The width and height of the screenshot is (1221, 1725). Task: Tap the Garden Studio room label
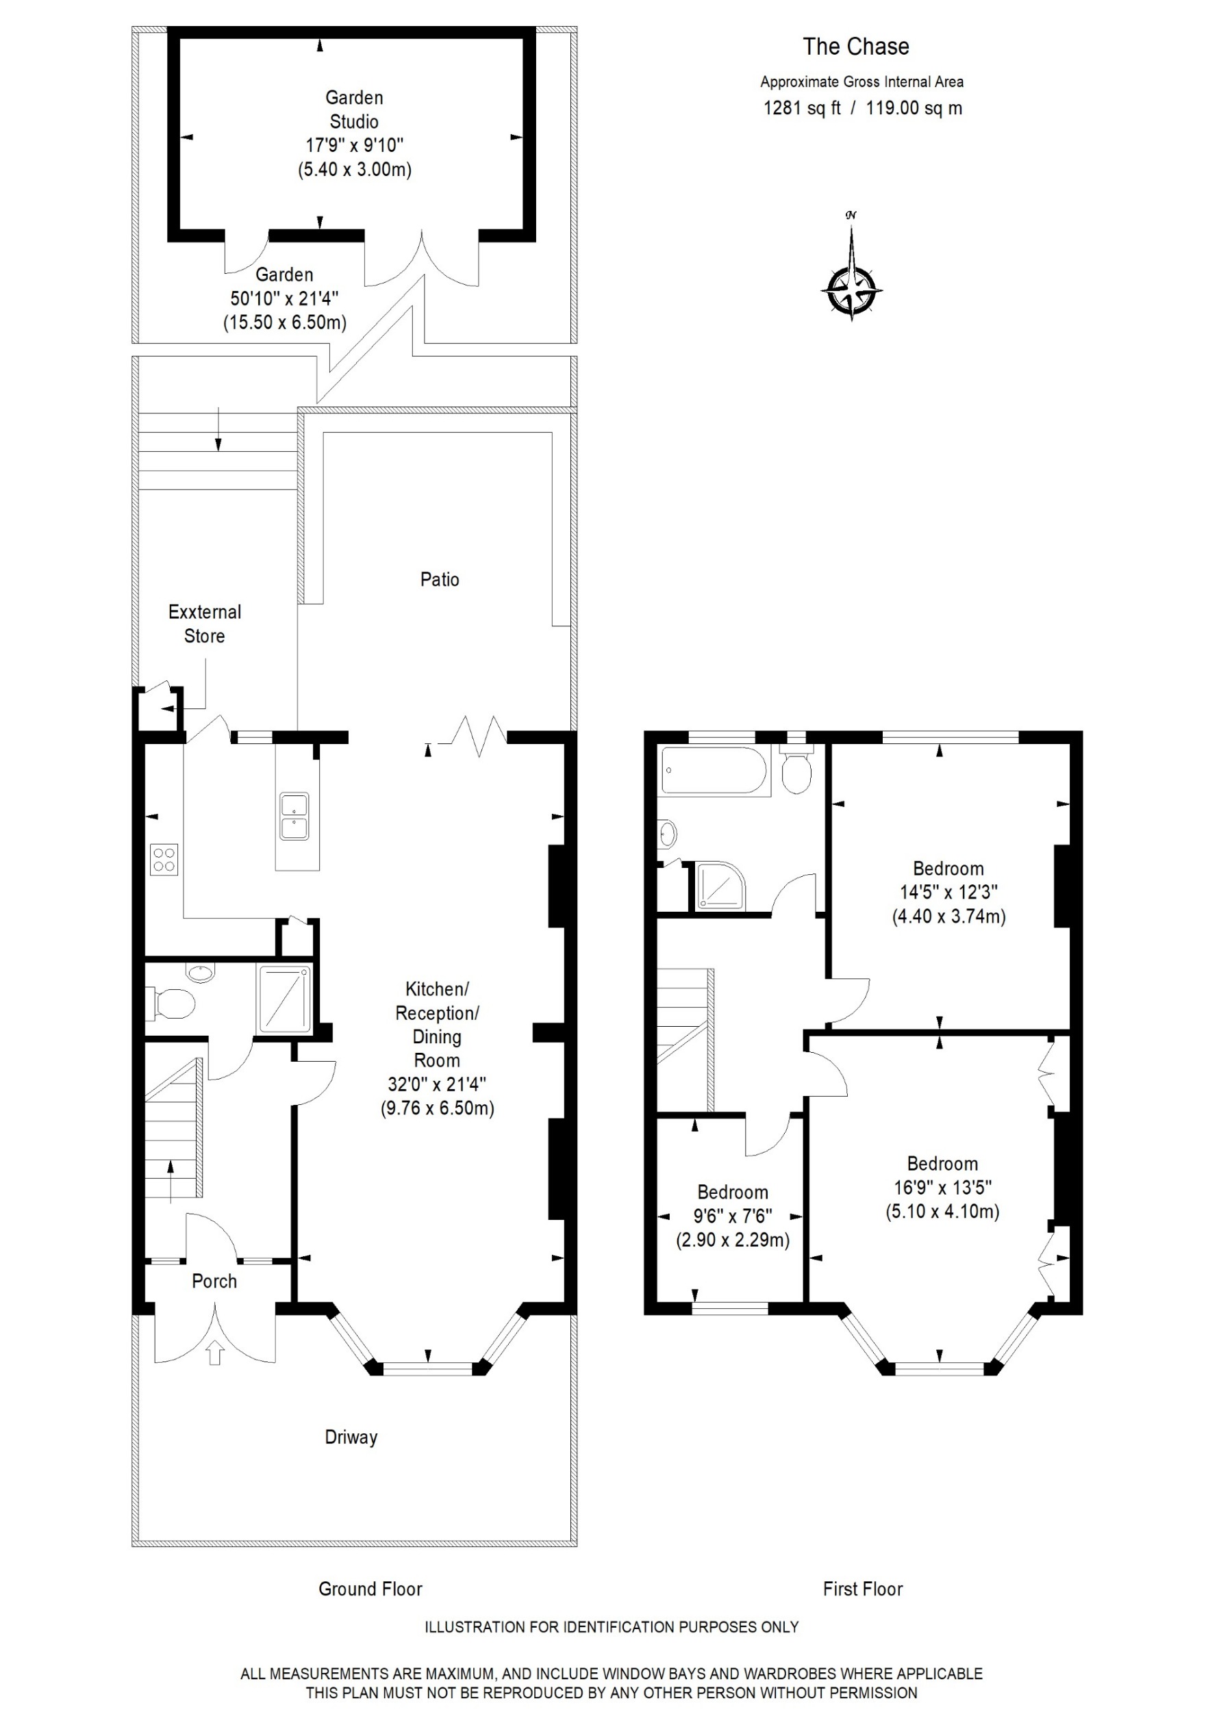354,110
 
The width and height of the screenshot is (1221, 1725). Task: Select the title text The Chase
855,47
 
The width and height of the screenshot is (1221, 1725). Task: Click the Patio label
439,580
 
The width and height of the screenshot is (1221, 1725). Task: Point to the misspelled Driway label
351,1437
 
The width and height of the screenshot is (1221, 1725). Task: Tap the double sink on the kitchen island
294,815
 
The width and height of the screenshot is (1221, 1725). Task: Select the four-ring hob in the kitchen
164,860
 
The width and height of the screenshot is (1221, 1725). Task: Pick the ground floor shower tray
285,999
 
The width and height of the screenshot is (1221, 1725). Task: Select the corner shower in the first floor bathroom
720,885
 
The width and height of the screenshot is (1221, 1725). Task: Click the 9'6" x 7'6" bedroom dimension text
732,1216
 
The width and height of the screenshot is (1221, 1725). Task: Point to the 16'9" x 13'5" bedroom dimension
942,1188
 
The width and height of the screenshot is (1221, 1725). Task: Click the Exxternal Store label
205,624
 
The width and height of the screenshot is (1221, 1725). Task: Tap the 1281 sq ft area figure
801,108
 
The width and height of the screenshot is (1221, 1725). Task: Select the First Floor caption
862,1589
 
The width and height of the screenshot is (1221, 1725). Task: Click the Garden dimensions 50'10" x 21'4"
284,298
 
